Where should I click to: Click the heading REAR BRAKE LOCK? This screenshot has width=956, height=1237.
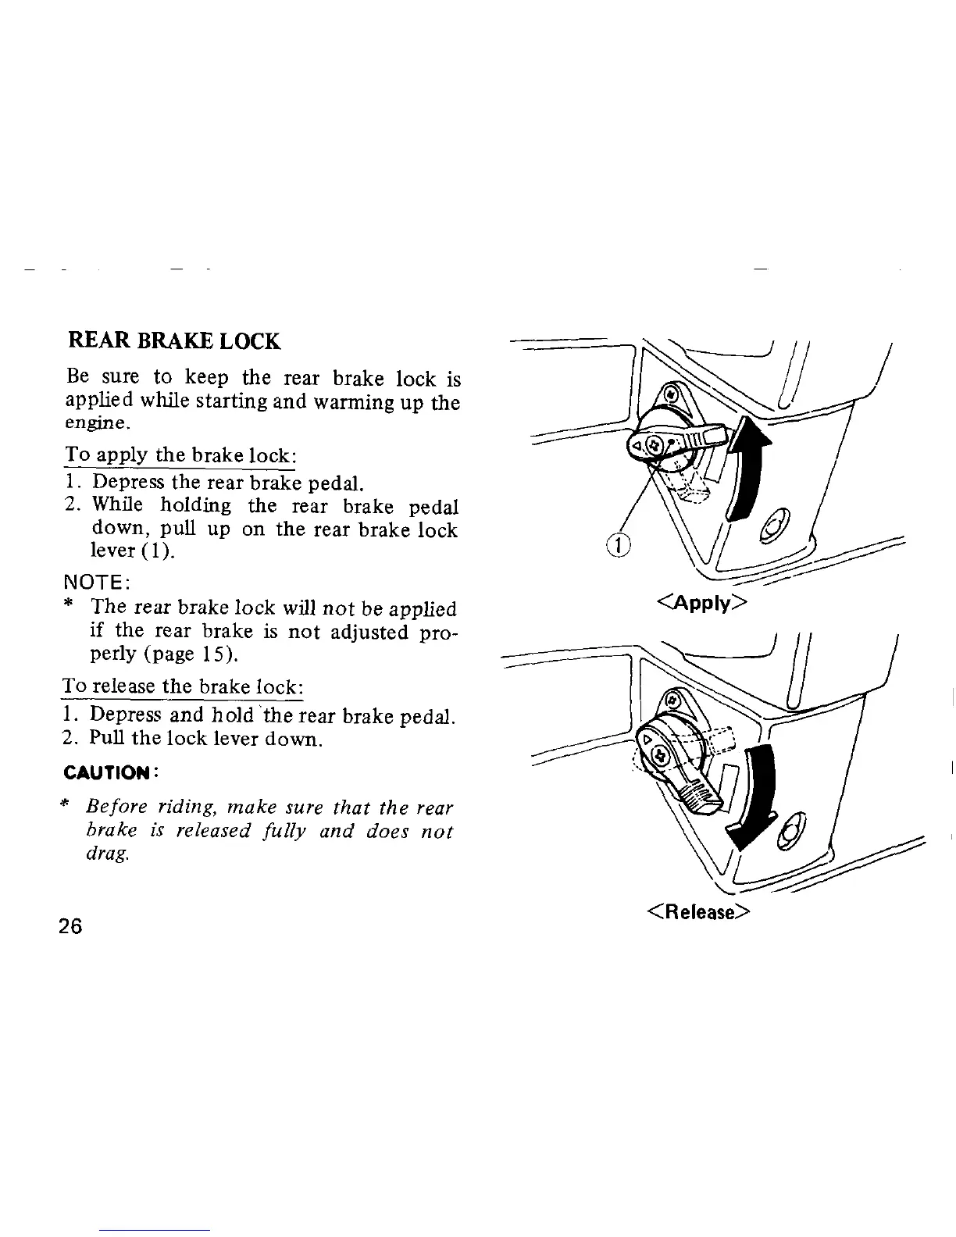click(x=174, y=341)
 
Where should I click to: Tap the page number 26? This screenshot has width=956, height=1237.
click(x=70, y=926)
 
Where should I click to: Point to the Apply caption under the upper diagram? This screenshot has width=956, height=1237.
click(x=702, y=603)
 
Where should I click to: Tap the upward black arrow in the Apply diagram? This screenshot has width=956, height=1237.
click(x=747, y=469)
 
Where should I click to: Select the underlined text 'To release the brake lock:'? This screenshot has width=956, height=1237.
click(x=182, y=688)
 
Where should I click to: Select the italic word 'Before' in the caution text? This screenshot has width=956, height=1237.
click(x=115, y=806)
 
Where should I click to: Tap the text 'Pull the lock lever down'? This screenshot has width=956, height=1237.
click(x=205, y=738)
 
